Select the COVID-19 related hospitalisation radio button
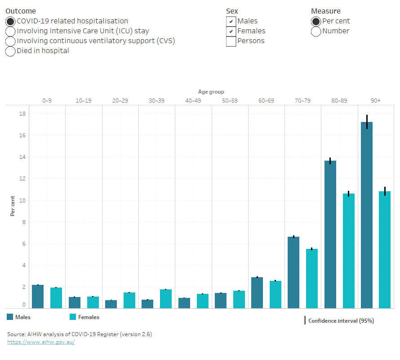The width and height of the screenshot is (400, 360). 10,21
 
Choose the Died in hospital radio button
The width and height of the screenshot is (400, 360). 10,51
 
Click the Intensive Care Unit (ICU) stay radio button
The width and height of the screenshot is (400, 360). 10,31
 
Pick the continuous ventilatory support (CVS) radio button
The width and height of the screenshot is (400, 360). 10,41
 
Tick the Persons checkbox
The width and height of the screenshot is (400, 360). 231,41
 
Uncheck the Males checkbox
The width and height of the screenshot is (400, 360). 231,21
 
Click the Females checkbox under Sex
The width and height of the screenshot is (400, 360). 231,31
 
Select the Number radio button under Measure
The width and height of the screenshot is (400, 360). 316,31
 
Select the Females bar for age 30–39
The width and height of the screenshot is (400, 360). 165,299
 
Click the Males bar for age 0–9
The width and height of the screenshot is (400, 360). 38,297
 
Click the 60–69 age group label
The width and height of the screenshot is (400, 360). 266,100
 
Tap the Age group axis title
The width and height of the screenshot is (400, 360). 211,92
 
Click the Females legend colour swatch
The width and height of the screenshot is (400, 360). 73,317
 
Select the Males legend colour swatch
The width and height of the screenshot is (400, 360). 10,317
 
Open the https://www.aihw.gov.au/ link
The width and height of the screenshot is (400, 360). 41,342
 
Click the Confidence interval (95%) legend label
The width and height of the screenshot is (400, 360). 341,321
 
